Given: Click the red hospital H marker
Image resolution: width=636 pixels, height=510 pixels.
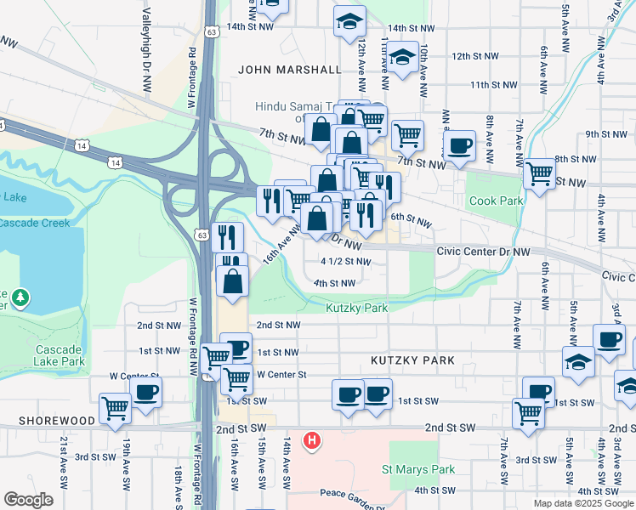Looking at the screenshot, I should pyautogui.click(x=313, y=440).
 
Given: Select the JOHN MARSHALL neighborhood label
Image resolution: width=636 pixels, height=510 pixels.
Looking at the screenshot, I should pyautogui.click(x=289, y=70).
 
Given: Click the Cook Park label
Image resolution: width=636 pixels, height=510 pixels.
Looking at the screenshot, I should pyautogui.click(x=494, y=201).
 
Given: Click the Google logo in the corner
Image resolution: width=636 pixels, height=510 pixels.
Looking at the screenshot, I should pyautogui.click(x=29, y=500).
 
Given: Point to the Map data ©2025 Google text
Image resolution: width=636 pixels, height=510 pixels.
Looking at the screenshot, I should pyautogui.click(x=584, y=503).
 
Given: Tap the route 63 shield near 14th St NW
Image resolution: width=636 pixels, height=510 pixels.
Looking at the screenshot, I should pyautogui.click(x=211, y=31).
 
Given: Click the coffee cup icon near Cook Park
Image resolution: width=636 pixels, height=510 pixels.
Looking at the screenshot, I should pyautogui.click(x=459, y=144).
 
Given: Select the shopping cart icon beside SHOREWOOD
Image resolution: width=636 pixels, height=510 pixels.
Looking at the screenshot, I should pyautogui.click(x=114, y=407).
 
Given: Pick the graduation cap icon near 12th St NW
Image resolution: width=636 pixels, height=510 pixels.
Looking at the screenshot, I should pyautogui.click(x=403, y=58).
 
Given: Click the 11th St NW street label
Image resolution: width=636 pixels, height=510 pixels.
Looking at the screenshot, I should pyautogui.click(x=493, y=85).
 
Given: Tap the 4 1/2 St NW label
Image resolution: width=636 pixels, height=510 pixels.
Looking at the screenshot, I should pyautogui.click(x=345, y=262).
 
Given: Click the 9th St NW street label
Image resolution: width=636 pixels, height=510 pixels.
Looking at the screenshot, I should pyautogui.click(x=605, y=134).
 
